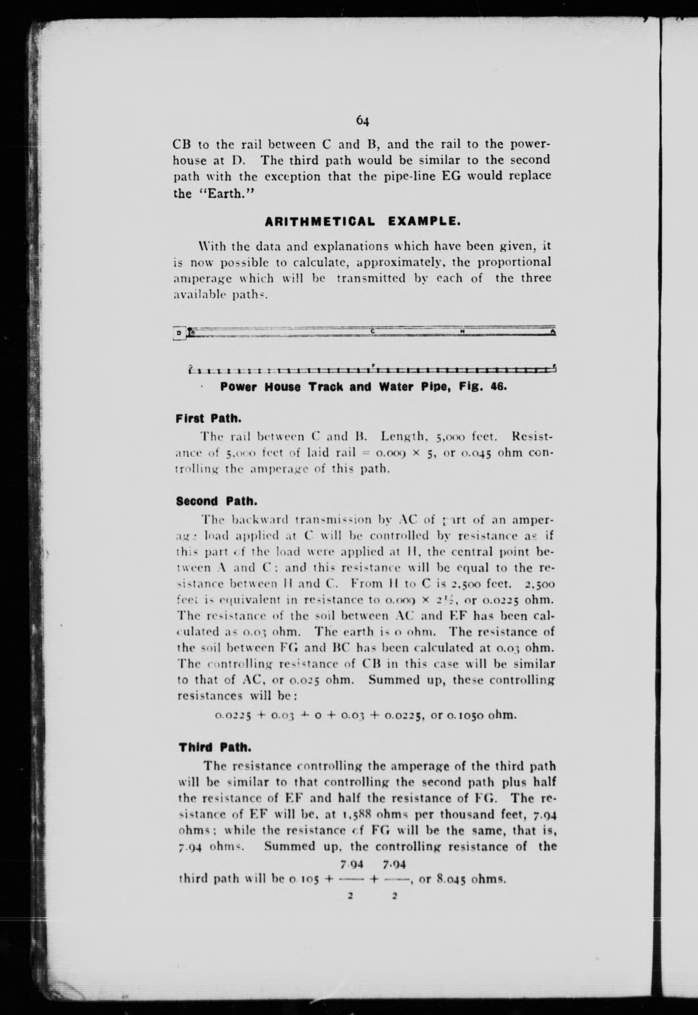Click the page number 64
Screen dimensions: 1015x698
click(x=363, y=120)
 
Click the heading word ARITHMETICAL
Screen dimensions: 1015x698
click(x=320, y=222)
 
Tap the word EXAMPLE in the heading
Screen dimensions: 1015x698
click(x=424, y=222)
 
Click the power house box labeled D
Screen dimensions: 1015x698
click(x=179, y=333)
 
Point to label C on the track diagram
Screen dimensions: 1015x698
click(x=373, y=331)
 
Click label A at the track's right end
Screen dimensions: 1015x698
click(x=553, y=332)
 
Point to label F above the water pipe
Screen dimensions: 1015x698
click(x=373, y=364)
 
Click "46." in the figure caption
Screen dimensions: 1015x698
click(x=498, y=387)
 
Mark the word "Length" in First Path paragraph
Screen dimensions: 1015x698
click(x=400, y=436)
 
